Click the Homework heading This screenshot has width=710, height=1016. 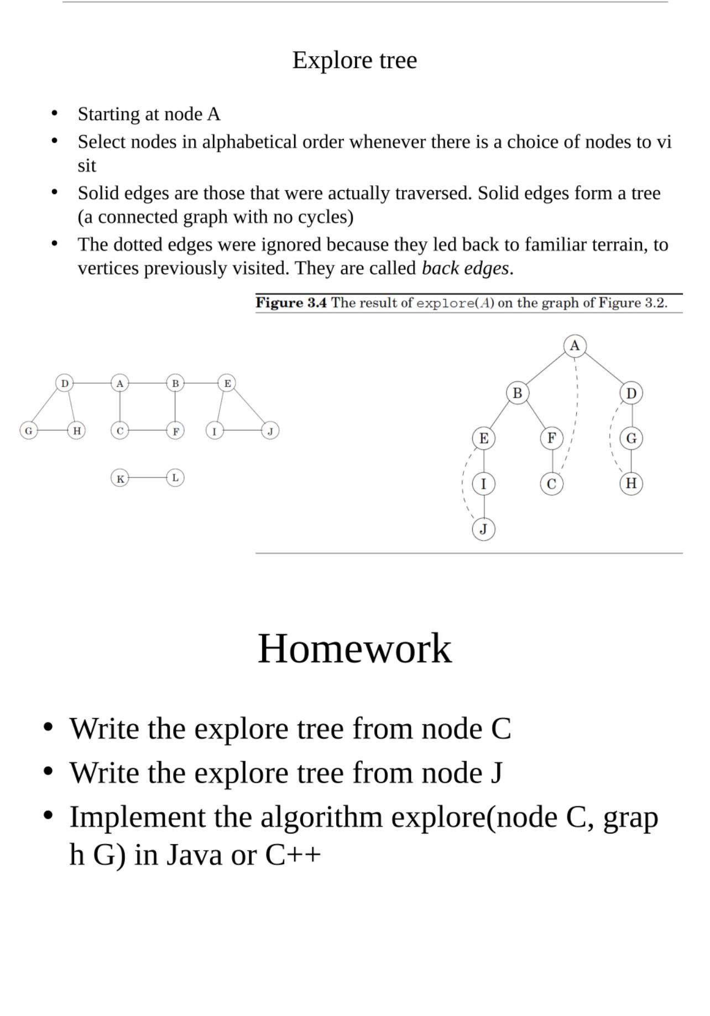tap(354, 648)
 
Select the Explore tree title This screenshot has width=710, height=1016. tap(354, 60)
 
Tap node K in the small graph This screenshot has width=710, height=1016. tap(120, 478)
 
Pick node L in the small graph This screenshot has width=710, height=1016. tap(175, 478)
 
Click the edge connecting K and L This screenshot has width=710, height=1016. tap(148, 478)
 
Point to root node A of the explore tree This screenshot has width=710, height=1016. tap(575, 346)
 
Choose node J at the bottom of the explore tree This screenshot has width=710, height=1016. tap(483, 530)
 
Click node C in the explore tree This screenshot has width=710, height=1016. tap(551, 484)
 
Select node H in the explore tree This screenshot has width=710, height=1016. tap(631, 484)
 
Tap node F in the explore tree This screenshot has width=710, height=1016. tap(551, 438)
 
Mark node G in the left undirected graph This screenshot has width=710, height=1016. tap(29, 430)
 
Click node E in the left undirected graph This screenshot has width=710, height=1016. tap(227, 383)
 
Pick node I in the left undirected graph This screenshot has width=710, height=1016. tap(215, 431)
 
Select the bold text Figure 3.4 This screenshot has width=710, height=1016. tap(291, 303)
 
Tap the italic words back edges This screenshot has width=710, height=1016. tap(465, 269)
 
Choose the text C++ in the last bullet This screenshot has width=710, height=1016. tap(293, 855)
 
